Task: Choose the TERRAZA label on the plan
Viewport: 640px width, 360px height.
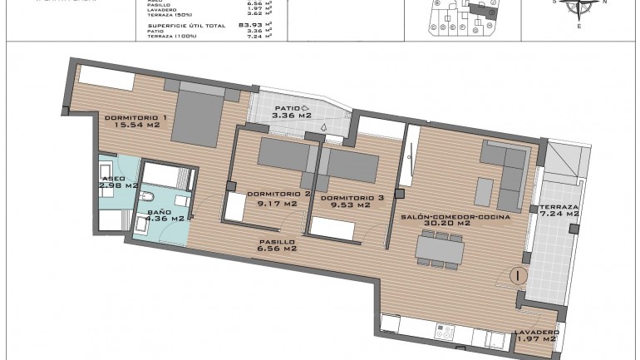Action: (559, 206)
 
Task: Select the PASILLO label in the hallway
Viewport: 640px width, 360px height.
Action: (278, 240)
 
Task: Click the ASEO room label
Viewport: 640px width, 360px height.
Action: (112, 178)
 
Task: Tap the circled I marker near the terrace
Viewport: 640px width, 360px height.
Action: (518, 274)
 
